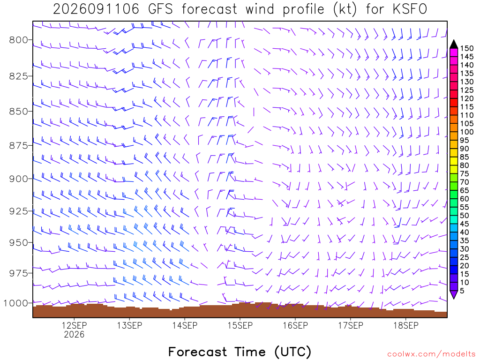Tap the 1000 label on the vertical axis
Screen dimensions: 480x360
coord(15,303)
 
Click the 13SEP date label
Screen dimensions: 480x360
coord(129,325)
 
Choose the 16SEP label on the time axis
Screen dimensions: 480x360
coord(295,325)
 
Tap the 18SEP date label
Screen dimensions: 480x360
coord(406,325)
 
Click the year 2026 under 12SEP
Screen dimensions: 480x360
coord(74,335)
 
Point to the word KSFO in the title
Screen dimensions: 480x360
coord(410,9)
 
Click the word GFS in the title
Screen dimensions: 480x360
coord(160,9)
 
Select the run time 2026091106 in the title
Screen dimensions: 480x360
coord(96,9)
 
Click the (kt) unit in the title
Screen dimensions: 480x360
coord(345,9)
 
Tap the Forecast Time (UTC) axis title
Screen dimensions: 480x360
coord(240,352)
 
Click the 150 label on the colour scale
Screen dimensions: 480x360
coord(467,48)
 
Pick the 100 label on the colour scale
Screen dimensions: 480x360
coord(467,132)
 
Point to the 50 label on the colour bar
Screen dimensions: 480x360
coord(465,216)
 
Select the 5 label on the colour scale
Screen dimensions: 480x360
coord(462,291)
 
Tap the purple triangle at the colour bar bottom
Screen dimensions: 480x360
coord(454,294)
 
